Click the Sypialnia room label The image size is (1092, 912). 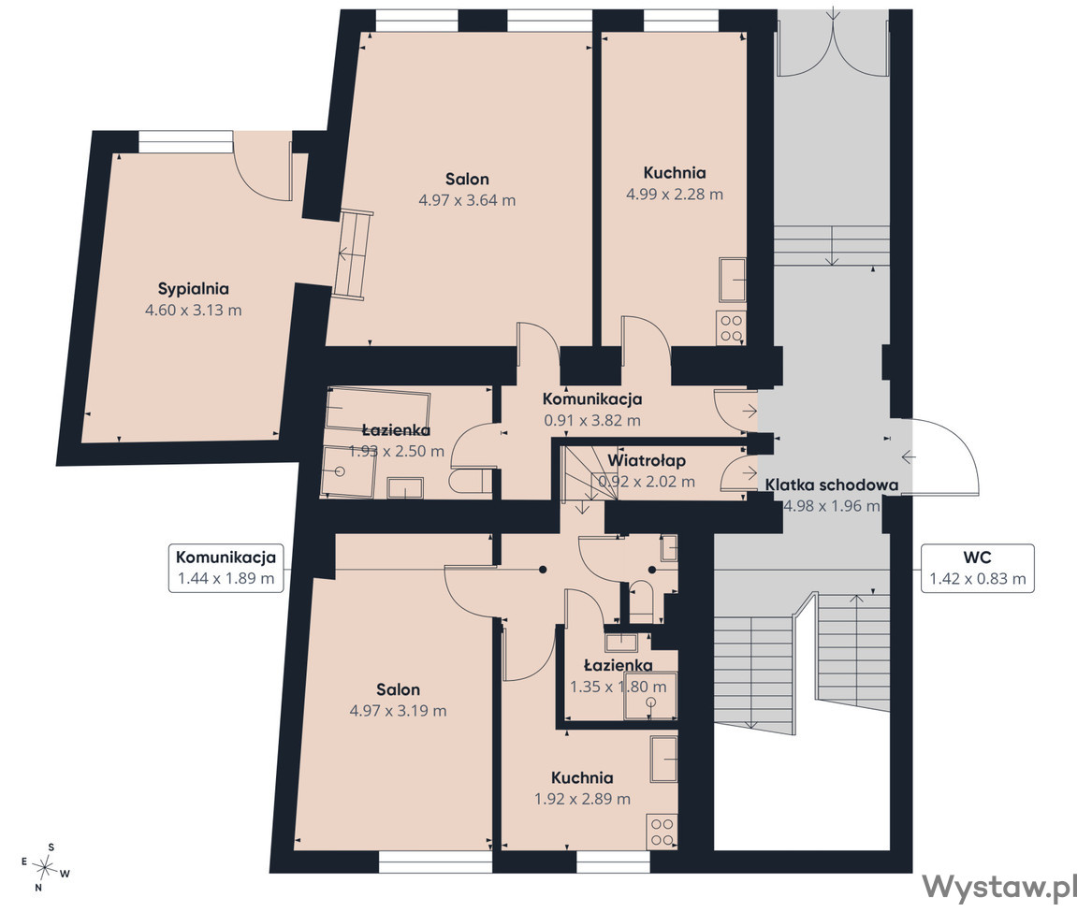click(x=194, y=288)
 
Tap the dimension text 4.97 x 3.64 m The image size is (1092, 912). click(x=467, y=200)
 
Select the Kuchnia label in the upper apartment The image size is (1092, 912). click(x=674, y=172)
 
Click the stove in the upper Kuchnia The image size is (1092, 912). click(x=731, y=327)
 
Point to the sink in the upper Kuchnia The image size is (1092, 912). click(x=733, y=279)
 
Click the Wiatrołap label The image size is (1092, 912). click(x=647, y=460)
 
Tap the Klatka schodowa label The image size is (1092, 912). click(x=832, y=485)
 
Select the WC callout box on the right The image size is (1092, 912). click(x=978, y=569)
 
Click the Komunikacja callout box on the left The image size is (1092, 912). click(x=226, y=568)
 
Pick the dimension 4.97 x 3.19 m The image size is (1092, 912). click(x=398, y=711)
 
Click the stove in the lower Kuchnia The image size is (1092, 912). click(x=662, y=832)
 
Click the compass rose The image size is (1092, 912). click(x=46, y=867)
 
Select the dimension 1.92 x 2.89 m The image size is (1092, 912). click(x=582, y=799)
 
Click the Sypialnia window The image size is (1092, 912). click(x=184, y=141)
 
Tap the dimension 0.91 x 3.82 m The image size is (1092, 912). click(x=592, y=421)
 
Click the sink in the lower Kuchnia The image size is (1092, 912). click(x=663, y=760)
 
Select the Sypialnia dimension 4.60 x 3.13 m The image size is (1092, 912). click(x=193, y=311)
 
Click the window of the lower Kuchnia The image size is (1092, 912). click(x=613, y=862)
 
